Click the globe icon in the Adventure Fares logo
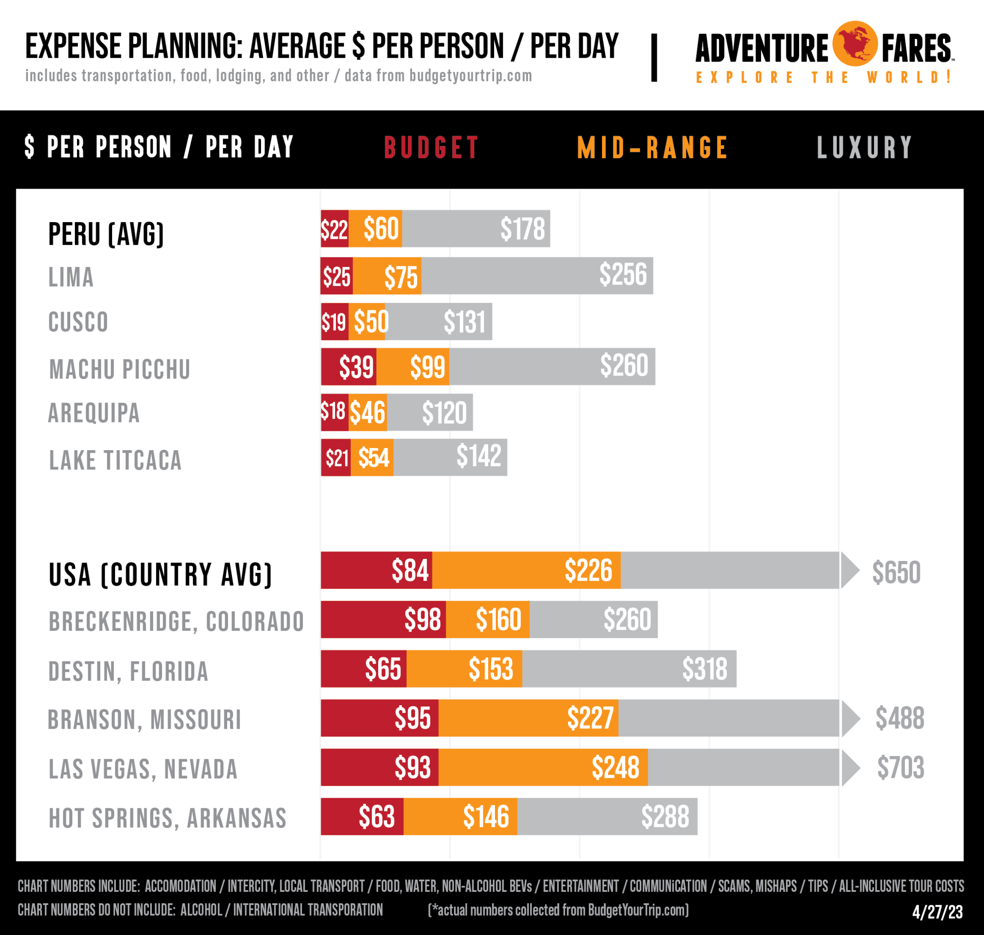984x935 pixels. tap(854, 44)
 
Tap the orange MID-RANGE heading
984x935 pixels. tap(652, 148)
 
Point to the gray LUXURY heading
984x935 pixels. tap(865, 148)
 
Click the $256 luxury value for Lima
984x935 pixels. tap(623, 275)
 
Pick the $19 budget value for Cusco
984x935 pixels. tap(333, 322)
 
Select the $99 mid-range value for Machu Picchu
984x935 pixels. tap(427, 367)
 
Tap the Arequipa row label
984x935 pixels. tap(94, 413)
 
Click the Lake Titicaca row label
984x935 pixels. tap(115, 460)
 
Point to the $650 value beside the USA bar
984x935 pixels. tap(896, 572)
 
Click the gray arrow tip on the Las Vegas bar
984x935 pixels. tap(851, 768)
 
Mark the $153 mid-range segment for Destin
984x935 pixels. tap(491, 669)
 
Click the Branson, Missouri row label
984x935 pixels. tap(145, 720)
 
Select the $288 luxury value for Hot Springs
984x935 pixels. tap(665, 816)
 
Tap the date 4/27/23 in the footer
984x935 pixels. tap(937, 911)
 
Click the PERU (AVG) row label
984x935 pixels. tap(106, 234)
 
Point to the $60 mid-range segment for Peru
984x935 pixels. tap(381, 229)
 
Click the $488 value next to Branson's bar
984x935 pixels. tap(899, 718)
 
